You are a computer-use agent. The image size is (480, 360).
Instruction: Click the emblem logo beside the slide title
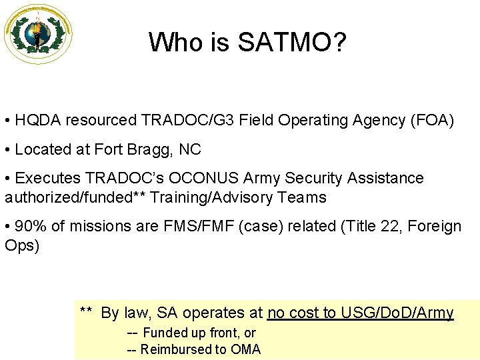[38, 33]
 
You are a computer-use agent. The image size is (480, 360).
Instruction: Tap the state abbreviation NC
[190, 149]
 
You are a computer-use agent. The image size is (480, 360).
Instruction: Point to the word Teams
[303, 197]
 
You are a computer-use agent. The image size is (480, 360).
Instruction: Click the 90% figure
[31, 226]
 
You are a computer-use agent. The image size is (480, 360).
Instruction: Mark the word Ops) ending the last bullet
[22, 245]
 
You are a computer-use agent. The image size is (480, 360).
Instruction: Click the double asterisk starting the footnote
[86, 311]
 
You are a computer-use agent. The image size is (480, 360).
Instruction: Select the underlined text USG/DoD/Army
[397, 313]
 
